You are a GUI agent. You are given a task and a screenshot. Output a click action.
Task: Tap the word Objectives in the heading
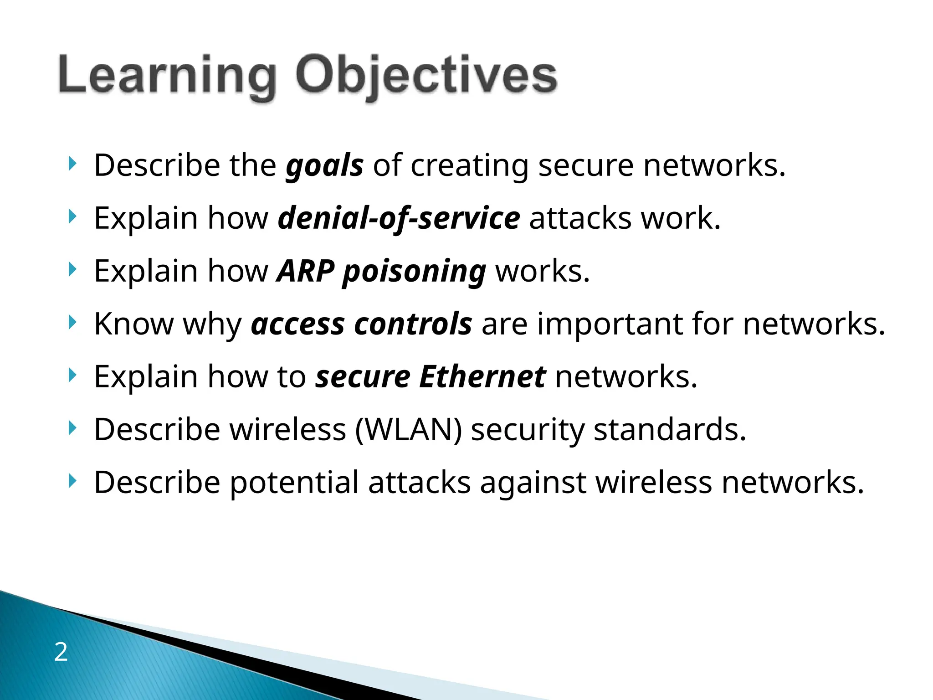pyautogui.click(x=426, y=75)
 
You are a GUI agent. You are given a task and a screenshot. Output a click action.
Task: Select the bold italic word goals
pyautogui.click(x=324, y=166)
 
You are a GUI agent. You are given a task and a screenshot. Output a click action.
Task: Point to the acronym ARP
pyautogui.click(x=306, y=271)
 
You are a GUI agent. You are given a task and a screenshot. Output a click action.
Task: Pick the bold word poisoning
pyautogui.click(x=414, y=272)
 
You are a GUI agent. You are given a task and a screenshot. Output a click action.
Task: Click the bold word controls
pyautogui.click(x=413, y=324)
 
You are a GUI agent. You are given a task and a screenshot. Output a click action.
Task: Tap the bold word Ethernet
pyautogui.click(x=482, y=377)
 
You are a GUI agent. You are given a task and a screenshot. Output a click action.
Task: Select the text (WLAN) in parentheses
pyautogui.click(x=408, y=430)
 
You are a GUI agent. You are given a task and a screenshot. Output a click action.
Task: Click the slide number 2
pyautogui.click(x=61, y=652)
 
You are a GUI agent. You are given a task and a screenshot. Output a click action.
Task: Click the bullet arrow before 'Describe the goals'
pyautogui.click(x=72, y=164)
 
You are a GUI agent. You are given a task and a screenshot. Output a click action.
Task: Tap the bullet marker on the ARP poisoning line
pyautogui.click(x=72, y=269)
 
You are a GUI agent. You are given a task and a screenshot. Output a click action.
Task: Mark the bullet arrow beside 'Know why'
pyautogui.click(x=72, y=322)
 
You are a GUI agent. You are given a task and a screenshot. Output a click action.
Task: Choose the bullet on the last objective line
pyautogui.click(x=72, y=481)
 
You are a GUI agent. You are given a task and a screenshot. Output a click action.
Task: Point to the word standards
pyautogui.click(x=669, y=430)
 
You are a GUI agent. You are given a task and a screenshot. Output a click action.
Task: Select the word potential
pyautogui.click(x=294, y=483)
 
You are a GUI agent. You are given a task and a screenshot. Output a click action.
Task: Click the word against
pyautogui.click(x=533, y=483)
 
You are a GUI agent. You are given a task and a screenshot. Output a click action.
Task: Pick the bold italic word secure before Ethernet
pyautogui.click(x=363, y=377)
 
